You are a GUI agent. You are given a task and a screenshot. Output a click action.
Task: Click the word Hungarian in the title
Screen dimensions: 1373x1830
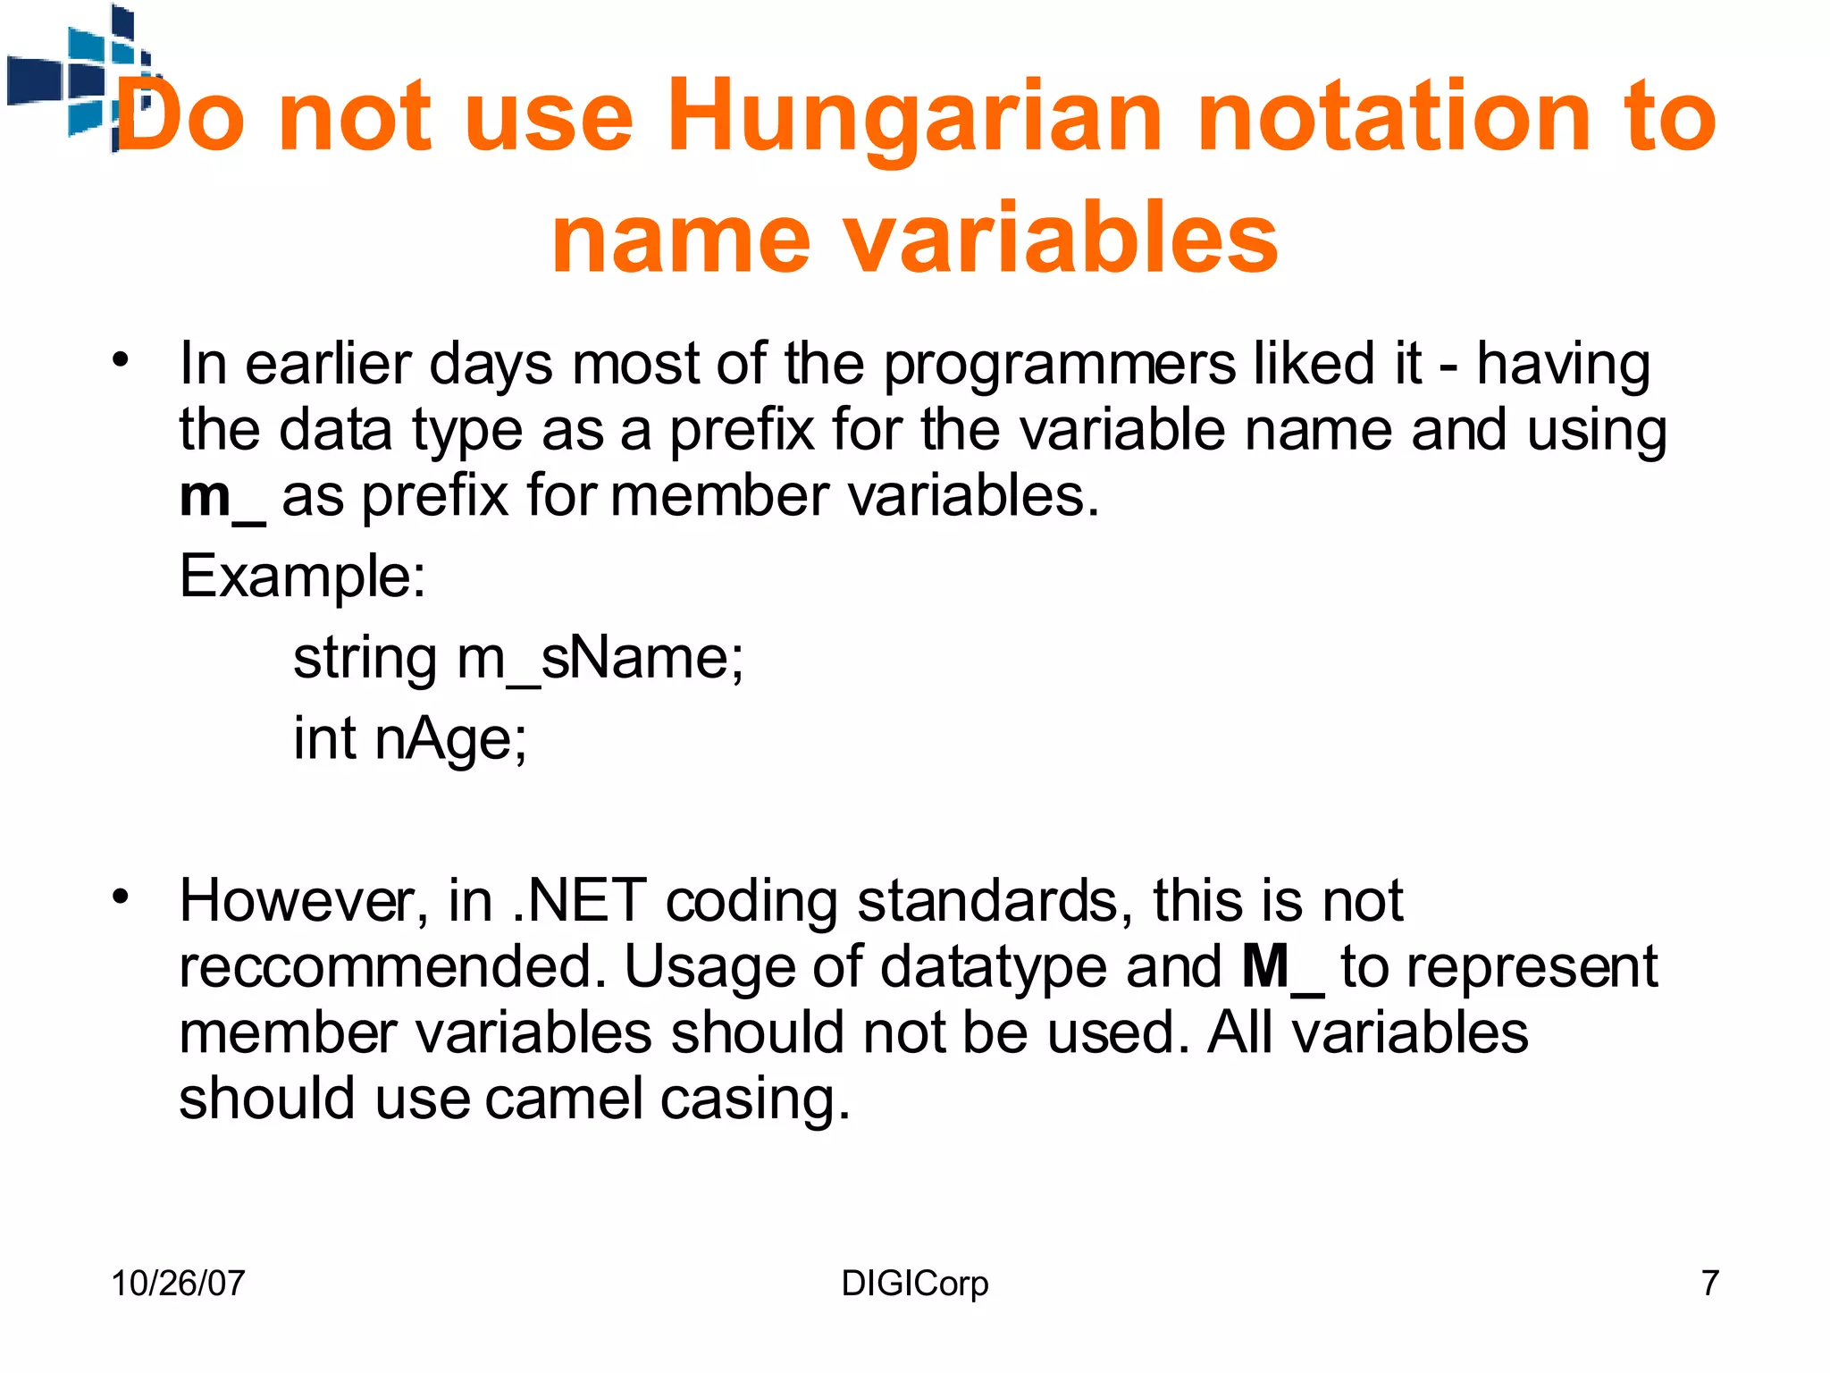pos(915,118)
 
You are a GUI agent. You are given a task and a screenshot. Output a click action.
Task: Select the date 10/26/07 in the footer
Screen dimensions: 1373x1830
pos(178,1284)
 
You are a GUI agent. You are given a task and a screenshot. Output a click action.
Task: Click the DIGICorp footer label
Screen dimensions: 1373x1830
pos(915,1284)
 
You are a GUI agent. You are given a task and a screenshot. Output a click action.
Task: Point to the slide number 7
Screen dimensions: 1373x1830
pos(1709,1284)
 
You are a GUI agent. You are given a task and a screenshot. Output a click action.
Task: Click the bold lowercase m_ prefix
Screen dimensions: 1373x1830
pos(222,497)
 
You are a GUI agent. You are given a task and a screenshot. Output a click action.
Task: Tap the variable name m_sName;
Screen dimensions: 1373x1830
pos(600,660)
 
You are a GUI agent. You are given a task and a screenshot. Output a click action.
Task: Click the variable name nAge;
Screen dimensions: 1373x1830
pos(451,740)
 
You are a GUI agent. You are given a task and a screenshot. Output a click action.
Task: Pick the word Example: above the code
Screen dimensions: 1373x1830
pos(303,577)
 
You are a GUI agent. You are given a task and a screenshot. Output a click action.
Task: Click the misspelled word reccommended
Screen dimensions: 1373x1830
pos(391,968)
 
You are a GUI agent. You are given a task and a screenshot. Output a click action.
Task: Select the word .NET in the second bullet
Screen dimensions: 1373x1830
pos(579,901)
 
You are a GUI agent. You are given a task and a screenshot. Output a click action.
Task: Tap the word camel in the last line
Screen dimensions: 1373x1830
pos(564,1099)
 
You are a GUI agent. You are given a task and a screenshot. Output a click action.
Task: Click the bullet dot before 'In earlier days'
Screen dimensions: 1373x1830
pos(121,360)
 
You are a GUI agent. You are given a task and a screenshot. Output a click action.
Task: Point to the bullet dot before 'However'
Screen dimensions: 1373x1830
pos(121,897)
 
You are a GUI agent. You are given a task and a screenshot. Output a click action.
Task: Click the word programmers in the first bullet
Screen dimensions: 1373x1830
pos(1059,366)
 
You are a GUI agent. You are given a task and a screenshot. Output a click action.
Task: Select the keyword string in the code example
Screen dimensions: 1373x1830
pos(365,660)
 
